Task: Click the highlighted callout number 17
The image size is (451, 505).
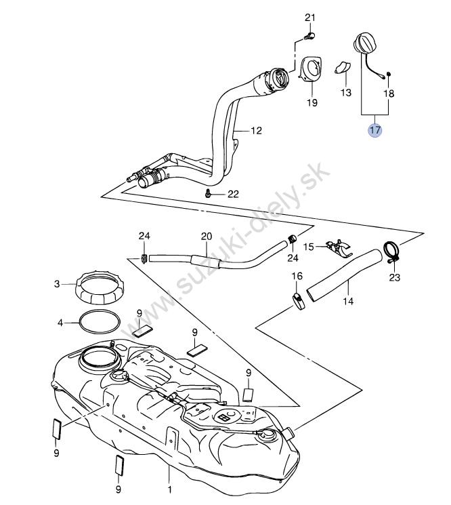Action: (x=375, y=130)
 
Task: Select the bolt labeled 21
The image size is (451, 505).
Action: (x=309, y=36)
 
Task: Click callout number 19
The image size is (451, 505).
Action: (x=312, y=102)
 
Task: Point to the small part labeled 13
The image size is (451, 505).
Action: (x=342, y=67)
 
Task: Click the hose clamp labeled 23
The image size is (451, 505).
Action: (x=392, y=251)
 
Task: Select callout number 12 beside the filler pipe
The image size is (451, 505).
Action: (x=256, y=130)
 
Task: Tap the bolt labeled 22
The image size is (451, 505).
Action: (x=208, y=194)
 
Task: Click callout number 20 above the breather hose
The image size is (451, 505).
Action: (x=207, y=237)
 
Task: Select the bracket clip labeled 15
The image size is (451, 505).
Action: (x=338, y=247)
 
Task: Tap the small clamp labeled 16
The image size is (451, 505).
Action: (x=299, y=302)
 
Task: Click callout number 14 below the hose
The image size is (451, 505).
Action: (x=348, y=302)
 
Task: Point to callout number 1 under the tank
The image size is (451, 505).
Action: (x=169, y=490)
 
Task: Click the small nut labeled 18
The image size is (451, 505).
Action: (x=388, y=74)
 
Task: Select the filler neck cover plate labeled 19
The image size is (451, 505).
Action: (x=311, y=68)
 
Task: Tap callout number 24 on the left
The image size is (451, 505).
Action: (x=144, y=236)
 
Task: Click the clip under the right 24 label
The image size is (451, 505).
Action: (x=292, y=239)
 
